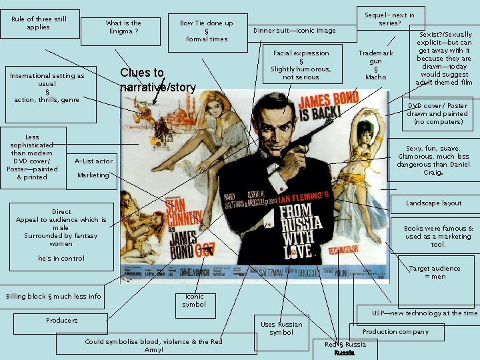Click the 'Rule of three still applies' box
(x=39, y=23)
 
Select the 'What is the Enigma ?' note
(x=123, y=27)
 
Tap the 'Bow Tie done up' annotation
(x=206, y=31)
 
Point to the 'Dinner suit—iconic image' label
(x=294, y=31)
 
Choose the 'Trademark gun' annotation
(x=375, y=65)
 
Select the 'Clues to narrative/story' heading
(x=157, y=79)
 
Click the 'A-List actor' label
(x=93, y=161)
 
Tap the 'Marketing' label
(x=93, y=175)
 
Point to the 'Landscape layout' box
(x=433, y=203)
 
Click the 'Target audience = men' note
(x=435, y=272)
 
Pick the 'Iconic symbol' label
(x=195, y=301)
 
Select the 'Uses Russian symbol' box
(x=281, y=328)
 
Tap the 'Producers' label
(x=61, y=321)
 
